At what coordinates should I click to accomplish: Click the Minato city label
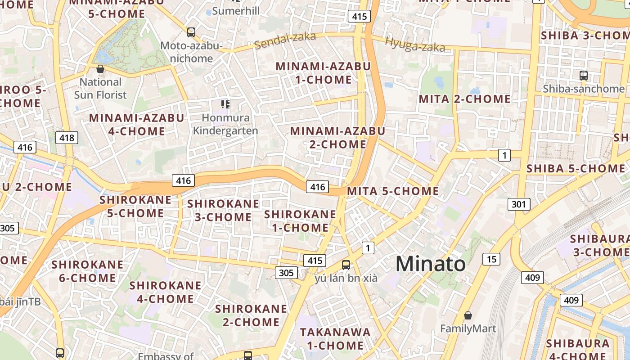click(x=431, y=264)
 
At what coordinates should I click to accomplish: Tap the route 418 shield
click(x=67, y=138)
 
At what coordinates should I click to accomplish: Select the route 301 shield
click(x=518, y=204)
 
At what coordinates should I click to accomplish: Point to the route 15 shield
click(x=491, y=259)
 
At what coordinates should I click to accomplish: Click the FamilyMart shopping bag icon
click(x=468, y=315)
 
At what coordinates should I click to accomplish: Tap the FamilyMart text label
click(x=468, y=328)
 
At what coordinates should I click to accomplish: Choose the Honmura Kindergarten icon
click(x=225, y=105)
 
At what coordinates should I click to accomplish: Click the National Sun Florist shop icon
click(x=100, y=69)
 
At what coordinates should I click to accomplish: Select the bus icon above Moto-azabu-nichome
click(x=191, y=32)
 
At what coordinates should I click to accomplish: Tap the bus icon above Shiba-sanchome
click(x=584, y=75)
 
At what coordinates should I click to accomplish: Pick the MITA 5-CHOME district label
click(x=393, y=191)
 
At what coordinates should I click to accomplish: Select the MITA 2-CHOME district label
click(x=465, y=99)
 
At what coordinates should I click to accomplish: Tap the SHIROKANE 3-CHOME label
click(x=223, y=210)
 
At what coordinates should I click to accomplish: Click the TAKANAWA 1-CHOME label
click(x=335, y=339)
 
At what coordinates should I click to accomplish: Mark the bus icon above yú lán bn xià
click(x=346, y=265)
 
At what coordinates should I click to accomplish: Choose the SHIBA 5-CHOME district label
click(x=576, y=169)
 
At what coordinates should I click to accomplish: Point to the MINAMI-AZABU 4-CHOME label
click(x=137, y=125)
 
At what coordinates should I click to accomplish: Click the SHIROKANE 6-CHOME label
click(x=87, y=271)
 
